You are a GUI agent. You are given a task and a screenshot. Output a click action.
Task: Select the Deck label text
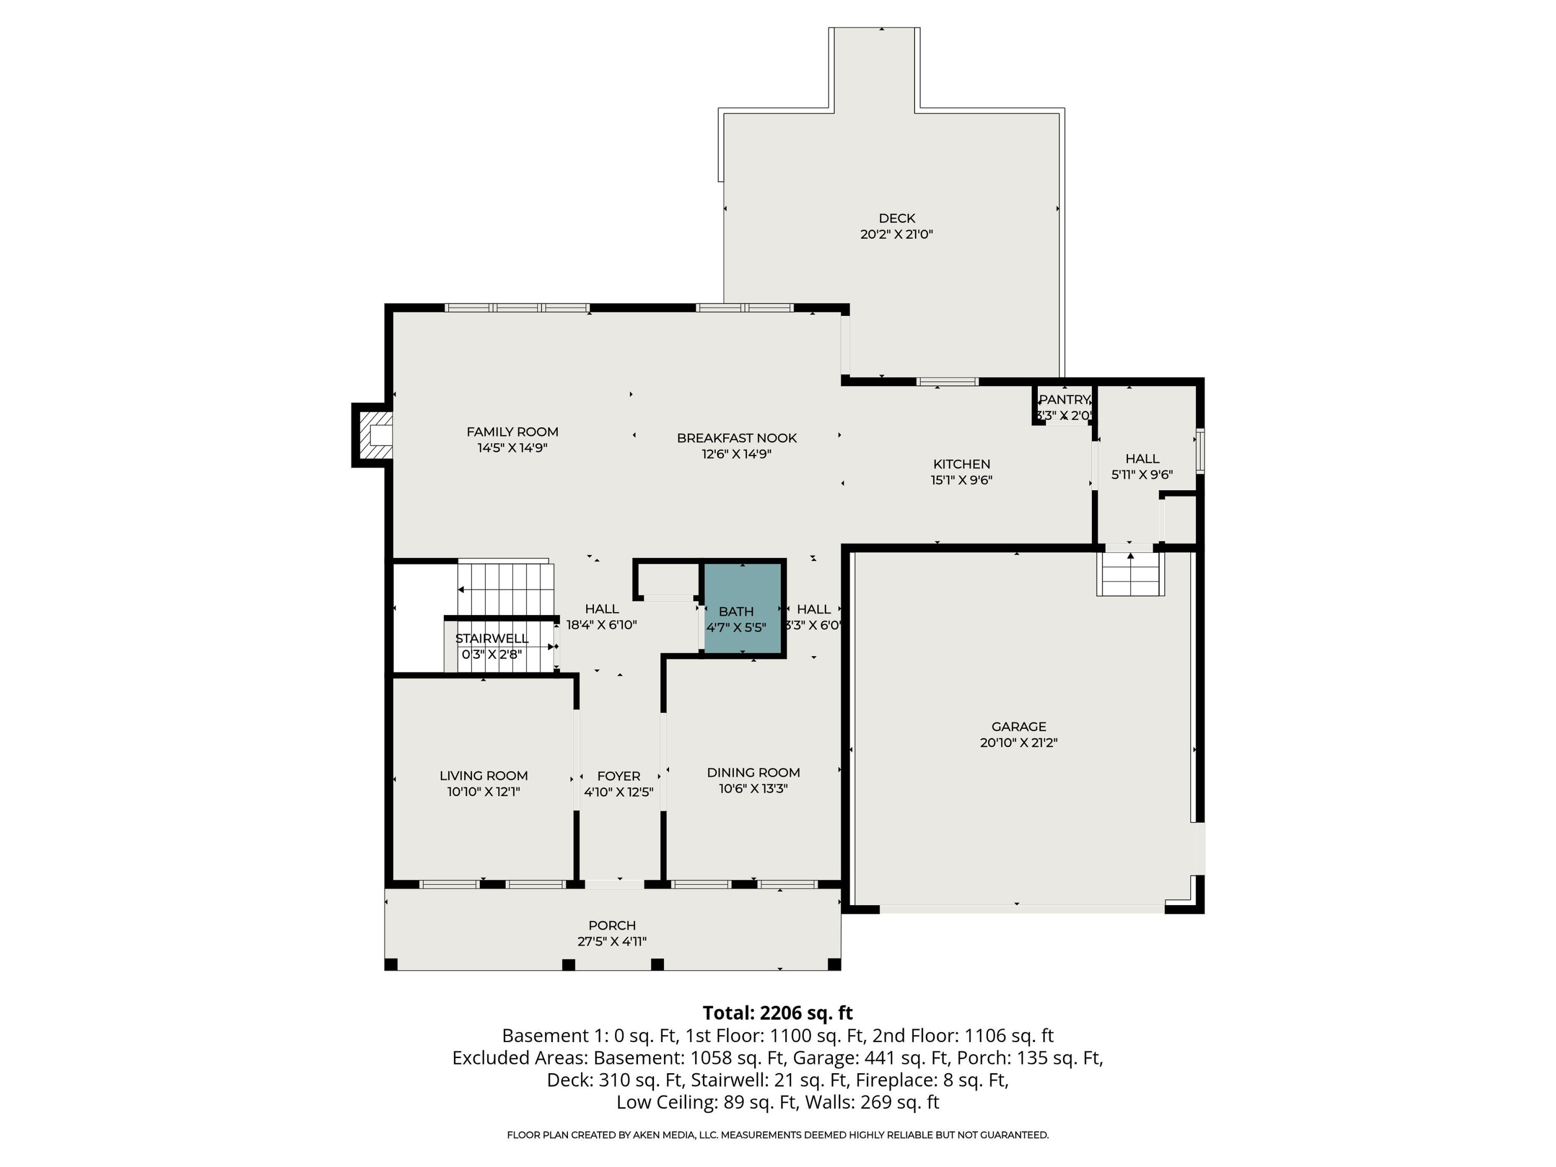pos(896,218)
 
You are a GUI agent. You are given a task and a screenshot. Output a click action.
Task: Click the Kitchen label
pos(961,464)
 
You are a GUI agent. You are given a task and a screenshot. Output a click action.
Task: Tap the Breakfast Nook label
pos(737,438)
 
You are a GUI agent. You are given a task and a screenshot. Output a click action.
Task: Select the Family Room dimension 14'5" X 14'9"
pos(512,448)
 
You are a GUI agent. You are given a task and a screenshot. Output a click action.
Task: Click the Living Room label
pos(483,775)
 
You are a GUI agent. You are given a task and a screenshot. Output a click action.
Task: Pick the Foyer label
pos(618,775)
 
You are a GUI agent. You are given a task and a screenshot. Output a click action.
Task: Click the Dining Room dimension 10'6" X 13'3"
pos(753,788)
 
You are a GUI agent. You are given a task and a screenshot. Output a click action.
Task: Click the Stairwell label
pos(491,638)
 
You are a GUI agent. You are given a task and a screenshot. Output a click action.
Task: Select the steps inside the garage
pos(1129,575)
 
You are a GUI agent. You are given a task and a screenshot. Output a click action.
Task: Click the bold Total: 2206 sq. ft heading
pos(777,1012)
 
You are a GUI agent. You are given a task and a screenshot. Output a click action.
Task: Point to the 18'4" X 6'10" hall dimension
pos(602,624)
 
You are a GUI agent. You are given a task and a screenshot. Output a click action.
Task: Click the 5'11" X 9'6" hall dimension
pos(1141,475)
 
